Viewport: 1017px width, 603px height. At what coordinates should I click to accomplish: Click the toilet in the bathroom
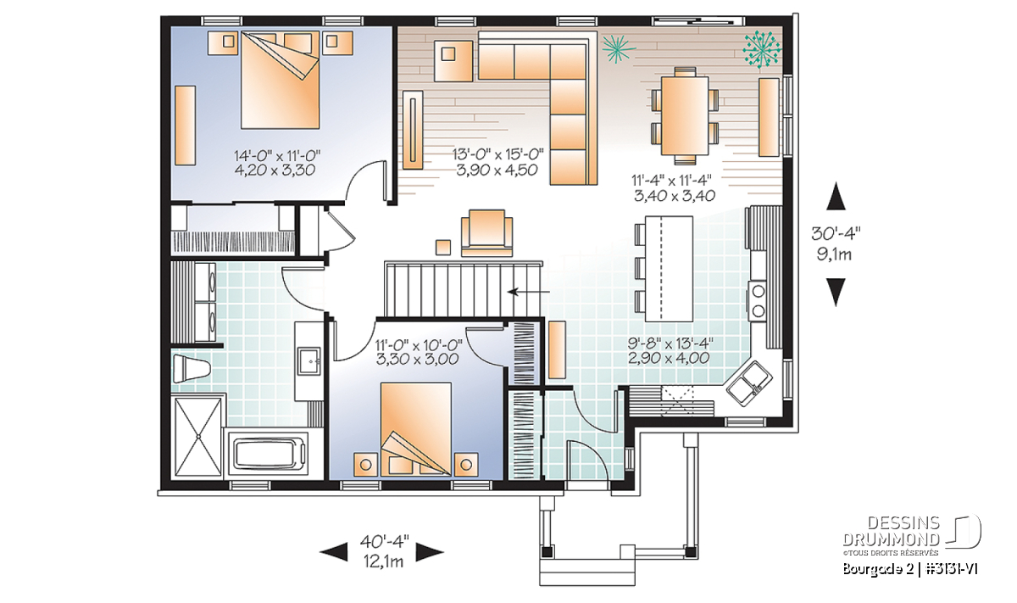tap(191, 369)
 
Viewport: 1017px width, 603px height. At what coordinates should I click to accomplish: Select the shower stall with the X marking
tap(198, 437)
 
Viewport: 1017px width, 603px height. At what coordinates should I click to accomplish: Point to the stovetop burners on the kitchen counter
tap(758, 301)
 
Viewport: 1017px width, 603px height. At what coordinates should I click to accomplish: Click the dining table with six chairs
tap(685, 116)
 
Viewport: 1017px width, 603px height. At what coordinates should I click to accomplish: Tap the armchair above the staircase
tap(486, 233)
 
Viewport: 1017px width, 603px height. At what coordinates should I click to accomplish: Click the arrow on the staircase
tap(529, 292)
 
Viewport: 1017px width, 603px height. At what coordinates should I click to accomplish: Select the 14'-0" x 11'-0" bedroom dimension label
tap(276, 162)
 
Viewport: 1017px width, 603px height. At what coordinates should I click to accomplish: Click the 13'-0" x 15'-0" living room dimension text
tap(498, 162)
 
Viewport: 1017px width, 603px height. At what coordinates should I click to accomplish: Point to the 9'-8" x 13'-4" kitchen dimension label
tap(670, 350)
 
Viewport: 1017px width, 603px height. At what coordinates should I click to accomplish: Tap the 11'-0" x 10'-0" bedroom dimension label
tap(418, 352)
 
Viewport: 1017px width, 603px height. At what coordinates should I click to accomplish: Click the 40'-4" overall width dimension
tap(384, 551)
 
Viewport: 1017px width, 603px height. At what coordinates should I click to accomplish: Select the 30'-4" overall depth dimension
tap(836, 243)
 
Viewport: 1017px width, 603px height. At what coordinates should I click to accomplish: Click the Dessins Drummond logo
tap(912, 536)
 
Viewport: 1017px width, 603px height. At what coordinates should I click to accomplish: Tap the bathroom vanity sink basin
tap(309, 361)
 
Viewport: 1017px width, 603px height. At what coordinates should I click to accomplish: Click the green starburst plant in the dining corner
tap(762, 49)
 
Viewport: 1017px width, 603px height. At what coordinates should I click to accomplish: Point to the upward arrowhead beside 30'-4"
tap(836, 196)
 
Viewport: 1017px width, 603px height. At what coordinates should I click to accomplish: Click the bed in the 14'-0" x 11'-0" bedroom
tap(280, 80)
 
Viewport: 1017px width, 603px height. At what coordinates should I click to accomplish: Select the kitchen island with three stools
tap(664, 268)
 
